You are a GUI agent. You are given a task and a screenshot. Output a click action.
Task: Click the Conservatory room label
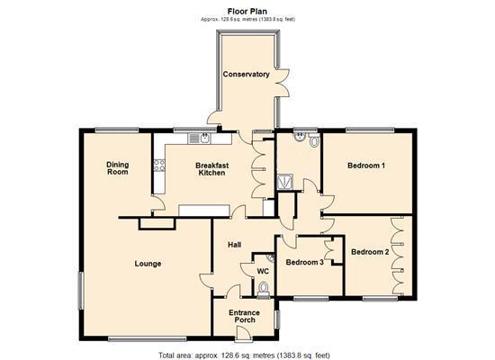tap(246, 75)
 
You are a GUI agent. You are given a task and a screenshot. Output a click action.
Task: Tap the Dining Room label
tap(117, 167)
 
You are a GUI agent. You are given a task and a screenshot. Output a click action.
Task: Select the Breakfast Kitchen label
tap(212, 170)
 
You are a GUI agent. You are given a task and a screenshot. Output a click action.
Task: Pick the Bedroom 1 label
tap(367, 166)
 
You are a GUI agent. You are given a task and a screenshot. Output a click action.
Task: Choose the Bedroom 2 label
tap(370, 252)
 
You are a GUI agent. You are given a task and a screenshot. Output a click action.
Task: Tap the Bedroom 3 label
tap(303, 263)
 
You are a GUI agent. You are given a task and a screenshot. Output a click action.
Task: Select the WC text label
tap(263, 271)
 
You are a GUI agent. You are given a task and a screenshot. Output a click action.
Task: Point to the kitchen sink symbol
tap(200, 139)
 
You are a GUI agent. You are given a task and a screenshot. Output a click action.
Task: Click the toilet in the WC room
tap(263, 289)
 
